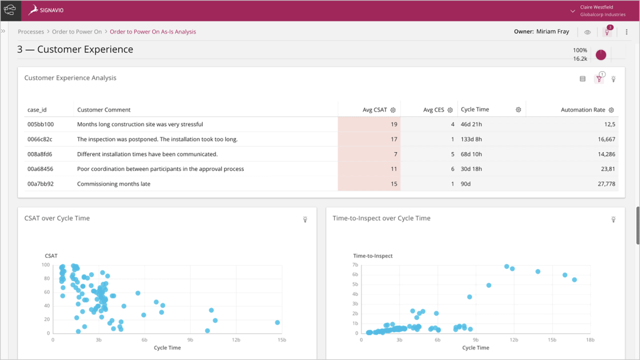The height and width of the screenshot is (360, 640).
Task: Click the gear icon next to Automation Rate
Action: (611, 110)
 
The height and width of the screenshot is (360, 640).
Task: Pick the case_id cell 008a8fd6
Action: (40, 154)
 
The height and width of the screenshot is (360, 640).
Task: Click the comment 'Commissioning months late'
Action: (114, 184)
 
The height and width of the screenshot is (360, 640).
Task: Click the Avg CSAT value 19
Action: (394, 124)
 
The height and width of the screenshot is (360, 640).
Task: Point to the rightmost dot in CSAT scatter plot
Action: (277, 323)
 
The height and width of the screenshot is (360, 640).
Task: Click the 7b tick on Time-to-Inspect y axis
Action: (355, 265)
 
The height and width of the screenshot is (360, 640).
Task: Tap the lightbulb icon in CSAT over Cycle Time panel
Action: (305, 219)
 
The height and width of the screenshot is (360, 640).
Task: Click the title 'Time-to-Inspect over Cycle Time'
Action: (381, 218)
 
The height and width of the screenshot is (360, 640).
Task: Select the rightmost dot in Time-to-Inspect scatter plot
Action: (574, 279)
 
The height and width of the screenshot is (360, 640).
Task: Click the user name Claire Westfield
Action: (596, 7)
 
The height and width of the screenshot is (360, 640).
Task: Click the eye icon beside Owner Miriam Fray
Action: (587, 32)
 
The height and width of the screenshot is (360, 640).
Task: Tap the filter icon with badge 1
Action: (599, 79)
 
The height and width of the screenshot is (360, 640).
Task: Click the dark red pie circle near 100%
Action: (601, 54)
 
